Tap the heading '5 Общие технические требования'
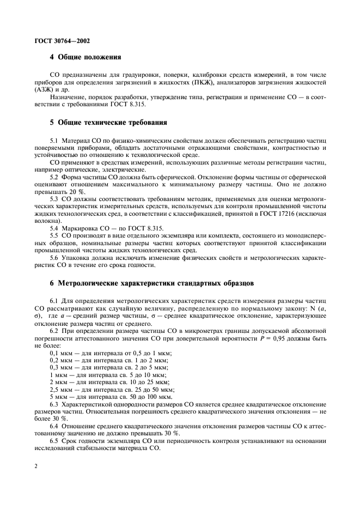click(x=108, y=122)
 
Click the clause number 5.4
click(x=54, y=228)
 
